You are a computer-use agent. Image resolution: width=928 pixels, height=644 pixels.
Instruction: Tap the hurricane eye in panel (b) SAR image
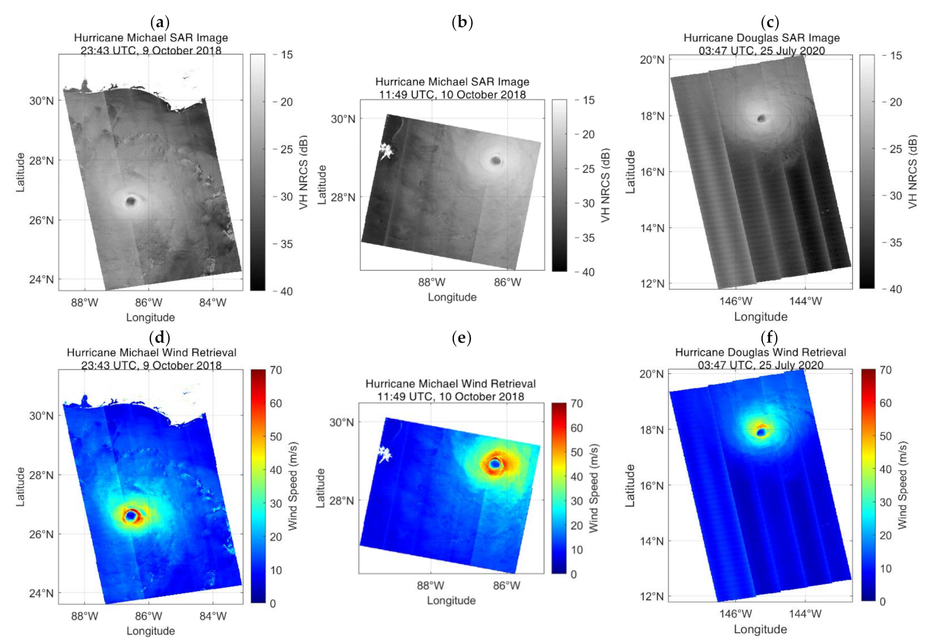pos(496,160)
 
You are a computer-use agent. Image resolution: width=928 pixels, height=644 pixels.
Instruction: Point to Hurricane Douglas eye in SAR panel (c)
pos(762,119)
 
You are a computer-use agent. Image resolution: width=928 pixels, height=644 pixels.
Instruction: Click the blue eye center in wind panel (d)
pos(130,516)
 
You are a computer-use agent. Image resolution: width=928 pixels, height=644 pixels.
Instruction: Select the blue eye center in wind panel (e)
pos(495,464)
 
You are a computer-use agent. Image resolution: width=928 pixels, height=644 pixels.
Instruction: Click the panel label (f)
pos(769,338)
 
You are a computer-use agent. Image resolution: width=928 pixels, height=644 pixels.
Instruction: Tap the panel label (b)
pos(462,22)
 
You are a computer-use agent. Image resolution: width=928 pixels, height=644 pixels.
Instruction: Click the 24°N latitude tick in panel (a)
pos(41,280)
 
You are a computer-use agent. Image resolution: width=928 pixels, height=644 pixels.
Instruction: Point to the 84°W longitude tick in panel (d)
pos(213,616)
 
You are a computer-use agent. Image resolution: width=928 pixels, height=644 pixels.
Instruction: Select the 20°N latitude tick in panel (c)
pos(652,59)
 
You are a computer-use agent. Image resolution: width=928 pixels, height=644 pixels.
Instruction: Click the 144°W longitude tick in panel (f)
pos(805,614)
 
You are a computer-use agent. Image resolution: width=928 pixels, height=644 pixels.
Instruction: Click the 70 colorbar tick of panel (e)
pos(576,404)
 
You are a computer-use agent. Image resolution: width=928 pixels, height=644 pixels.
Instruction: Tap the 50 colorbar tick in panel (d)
pos(275,437)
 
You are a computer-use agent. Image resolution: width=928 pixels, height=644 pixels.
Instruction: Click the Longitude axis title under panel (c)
pos(761,317)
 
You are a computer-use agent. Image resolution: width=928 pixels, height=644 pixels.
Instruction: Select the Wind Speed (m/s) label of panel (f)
pos(902,485)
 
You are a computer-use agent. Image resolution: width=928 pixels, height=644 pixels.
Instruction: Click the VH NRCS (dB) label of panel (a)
pos(304,173)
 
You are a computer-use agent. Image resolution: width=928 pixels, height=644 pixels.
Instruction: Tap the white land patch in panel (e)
pos(385,454)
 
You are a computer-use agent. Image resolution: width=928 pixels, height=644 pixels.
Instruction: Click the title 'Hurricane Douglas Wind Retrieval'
pos(760,353)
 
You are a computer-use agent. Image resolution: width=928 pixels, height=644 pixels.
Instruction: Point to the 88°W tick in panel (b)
pos(431,283)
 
